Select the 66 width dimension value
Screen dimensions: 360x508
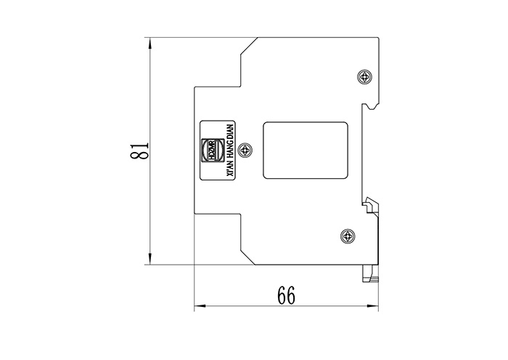[286, 295]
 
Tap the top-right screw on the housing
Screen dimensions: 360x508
[364, 76]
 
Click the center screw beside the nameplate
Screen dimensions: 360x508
[247, 150]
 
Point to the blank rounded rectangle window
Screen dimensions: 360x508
[305, 150]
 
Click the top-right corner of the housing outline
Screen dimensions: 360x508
[378, 38]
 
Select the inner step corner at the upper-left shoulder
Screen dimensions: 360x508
[241, 86]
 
